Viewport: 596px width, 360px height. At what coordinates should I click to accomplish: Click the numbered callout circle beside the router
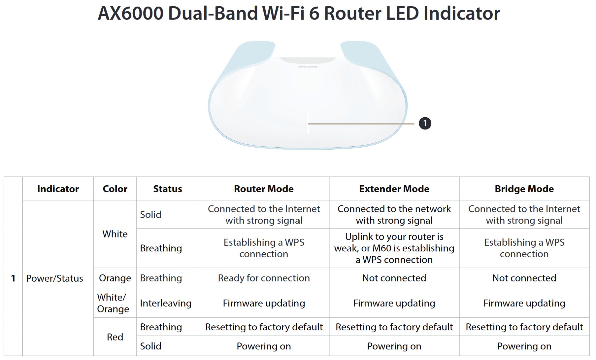[425, 124]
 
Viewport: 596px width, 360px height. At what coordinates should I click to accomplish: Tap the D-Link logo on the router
[308, 67]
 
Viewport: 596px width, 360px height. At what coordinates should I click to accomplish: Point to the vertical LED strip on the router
[308, 123]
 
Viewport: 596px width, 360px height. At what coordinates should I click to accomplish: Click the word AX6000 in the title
[131, 14]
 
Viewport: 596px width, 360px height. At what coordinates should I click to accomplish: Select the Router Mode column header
[264, 189]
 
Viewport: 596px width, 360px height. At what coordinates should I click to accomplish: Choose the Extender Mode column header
[394, 189]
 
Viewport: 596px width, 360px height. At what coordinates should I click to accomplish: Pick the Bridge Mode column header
[524, 189]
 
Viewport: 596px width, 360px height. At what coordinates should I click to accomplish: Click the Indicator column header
[58, 189]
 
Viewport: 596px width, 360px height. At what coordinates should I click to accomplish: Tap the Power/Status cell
[55, 278]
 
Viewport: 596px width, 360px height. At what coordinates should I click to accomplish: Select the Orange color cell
[115, 278]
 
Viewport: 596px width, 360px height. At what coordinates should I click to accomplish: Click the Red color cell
[115, 337]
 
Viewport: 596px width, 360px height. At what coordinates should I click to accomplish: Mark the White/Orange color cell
[113, 303]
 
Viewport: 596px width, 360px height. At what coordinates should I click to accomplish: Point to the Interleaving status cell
[166, 303]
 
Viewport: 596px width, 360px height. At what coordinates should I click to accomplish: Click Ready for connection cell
[264, 278]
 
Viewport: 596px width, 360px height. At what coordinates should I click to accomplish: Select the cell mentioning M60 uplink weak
[394, 248]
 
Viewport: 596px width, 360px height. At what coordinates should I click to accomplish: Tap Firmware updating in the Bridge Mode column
[524, 303]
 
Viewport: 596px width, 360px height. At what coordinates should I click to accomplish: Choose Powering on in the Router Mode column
[264, 346]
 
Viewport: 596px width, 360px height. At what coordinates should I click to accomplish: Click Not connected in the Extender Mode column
[394, 278]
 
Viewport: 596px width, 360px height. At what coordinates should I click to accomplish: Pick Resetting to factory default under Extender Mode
[394, 327]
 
